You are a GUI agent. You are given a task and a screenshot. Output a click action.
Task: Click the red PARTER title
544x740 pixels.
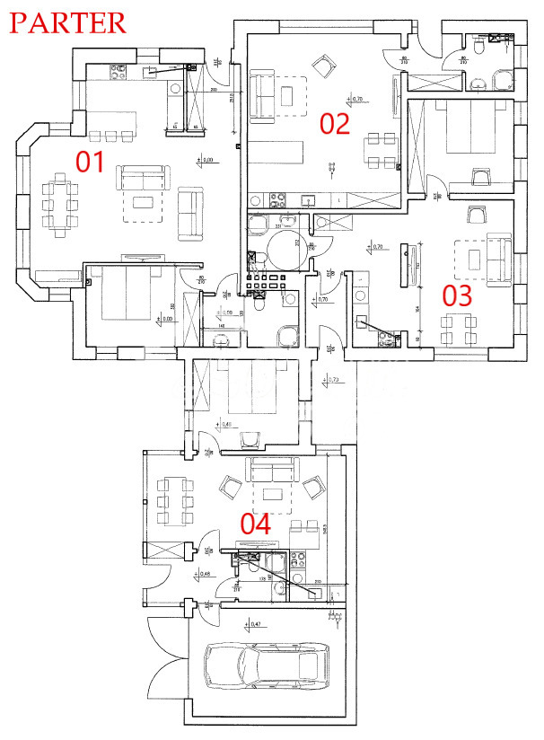point(67,22)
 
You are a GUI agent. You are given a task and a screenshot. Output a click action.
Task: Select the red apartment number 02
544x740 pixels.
point(334,123)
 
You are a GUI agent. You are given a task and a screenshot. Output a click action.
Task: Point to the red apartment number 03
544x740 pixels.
point(455,295)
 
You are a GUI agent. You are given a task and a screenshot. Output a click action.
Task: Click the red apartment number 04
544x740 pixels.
point(256,524)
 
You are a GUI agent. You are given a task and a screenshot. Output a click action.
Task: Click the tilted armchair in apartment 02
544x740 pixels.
point(321,64)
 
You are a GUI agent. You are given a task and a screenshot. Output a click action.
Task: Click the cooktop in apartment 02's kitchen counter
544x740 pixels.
point(277,199)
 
